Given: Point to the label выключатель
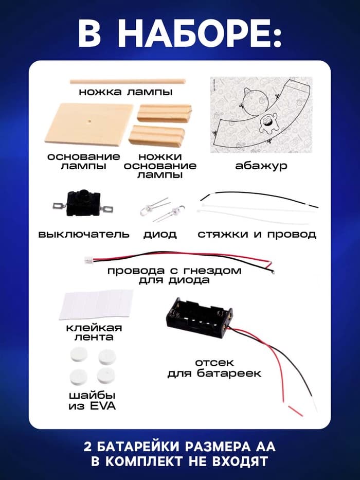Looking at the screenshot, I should pyautogui.click(x=84, y=235).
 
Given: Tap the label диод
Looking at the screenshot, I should pyautogui.click(x=160, y=235).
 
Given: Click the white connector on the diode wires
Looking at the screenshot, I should pyautogui.click(x=88, y=261).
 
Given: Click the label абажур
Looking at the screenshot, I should pyautogui.click(x=261, y=166).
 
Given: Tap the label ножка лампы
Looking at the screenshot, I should pyautogui.click(x=125, y=93).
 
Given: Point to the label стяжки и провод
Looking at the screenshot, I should pyautogui.click(x=257, y=235).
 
